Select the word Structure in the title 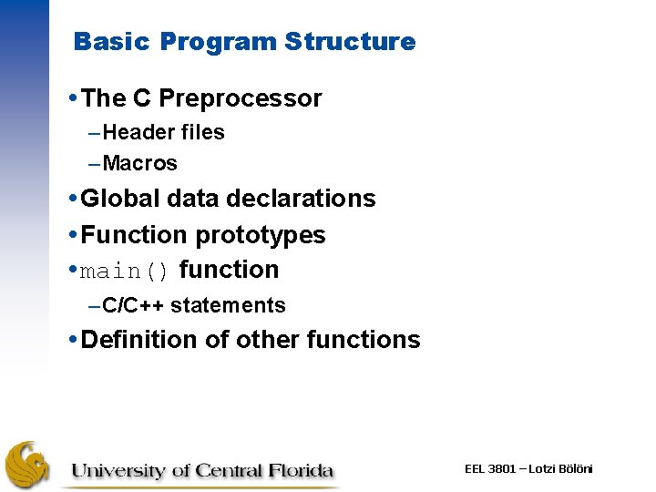pos(350,42)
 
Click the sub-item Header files pos(164,132)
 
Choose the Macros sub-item pos(140,164)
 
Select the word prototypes pos(261,235)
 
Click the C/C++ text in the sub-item pos(134,305)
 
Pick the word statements pos(228,305)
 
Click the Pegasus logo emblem pos(28,465)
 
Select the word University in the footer pos(119,471)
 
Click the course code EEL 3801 pos(490,468)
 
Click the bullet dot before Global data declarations pos(73,199)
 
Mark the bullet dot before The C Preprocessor pos(73,98)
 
